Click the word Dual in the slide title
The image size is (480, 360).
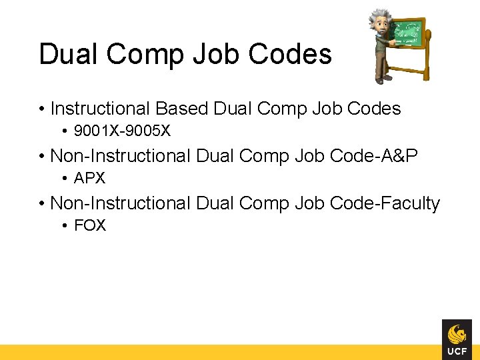[65, 54]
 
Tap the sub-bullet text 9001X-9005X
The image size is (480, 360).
[122, 131]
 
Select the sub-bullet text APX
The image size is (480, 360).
[90, 179]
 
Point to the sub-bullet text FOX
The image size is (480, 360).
[90, 226]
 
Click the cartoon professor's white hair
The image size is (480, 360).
[381, 16]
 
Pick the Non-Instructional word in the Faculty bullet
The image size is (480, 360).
[120, 203]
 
